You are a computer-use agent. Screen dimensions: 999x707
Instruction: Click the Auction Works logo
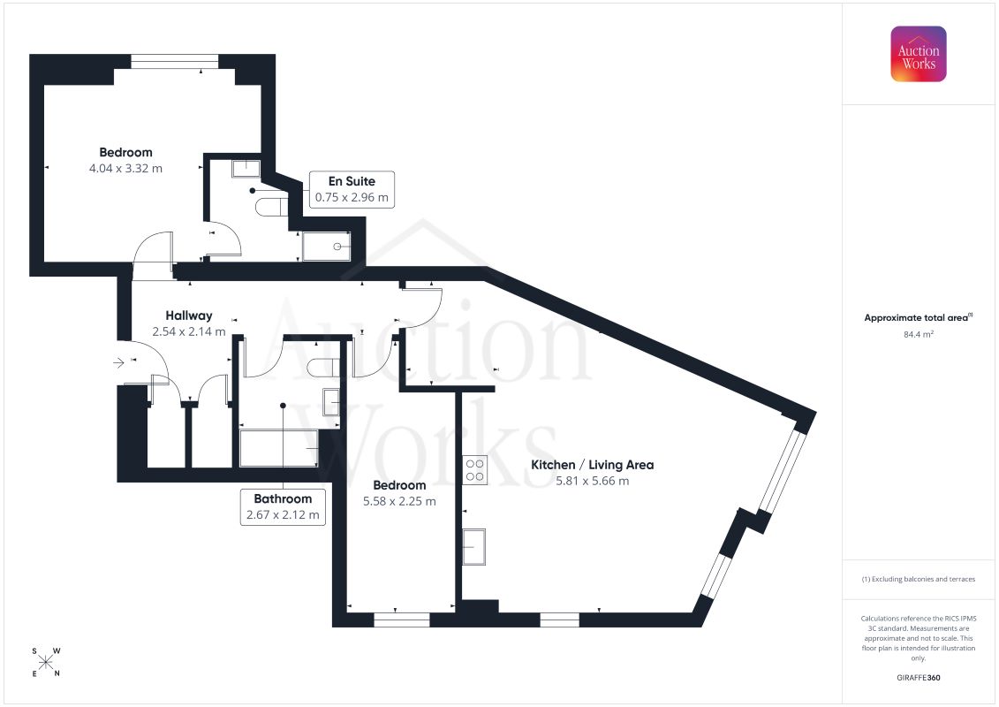[x=918, y=54]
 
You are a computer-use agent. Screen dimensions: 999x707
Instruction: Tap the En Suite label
[x=352, y=181]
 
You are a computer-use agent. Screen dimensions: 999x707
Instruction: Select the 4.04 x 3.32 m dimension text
[x=125, y=168]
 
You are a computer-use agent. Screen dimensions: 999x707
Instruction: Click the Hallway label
[x=189, y=315]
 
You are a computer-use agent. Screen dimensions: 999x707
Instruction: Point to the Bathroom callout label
[x=283, y=506]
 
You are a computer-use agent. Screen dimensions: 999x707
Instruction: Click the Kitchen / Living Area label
[x=593, y=465]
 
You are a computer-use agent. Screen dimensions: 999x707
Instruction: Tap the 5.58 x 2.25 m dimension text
[x=399, y=501]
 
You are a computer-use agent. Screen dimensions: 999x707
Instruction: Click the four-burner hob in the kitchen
[x=474, y=470]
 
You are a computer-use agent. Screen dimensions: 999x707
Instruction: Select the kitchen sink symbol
[x=473, y=547]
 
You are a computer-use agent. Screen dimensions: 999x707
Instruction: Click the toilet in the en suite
[x=270, y=207]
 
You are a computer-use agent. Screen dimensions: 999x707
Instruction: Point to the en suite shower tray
[x=326, y=247]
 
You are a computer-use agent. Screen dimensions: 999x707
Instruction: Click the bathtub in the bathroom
[x=278, y=448]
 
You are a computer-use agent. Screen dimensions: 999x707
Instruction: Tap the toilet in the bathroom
[x=323, y=368]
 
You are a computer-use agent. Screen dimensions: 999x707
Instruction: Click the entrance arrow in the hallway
[x=118, y=362]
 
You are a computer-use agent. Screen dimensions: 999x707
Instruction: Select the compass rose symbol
[x=46, y=662]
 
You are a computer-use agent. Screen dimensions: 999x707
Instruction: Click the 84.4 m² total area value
[x=918, y=334]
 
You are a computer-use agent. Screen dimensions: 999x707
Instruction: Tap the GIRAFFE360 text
[x=918, y=678]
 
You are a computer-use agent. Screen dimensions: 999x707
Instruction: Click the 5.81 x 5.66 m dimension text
[x=593, y=481]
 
